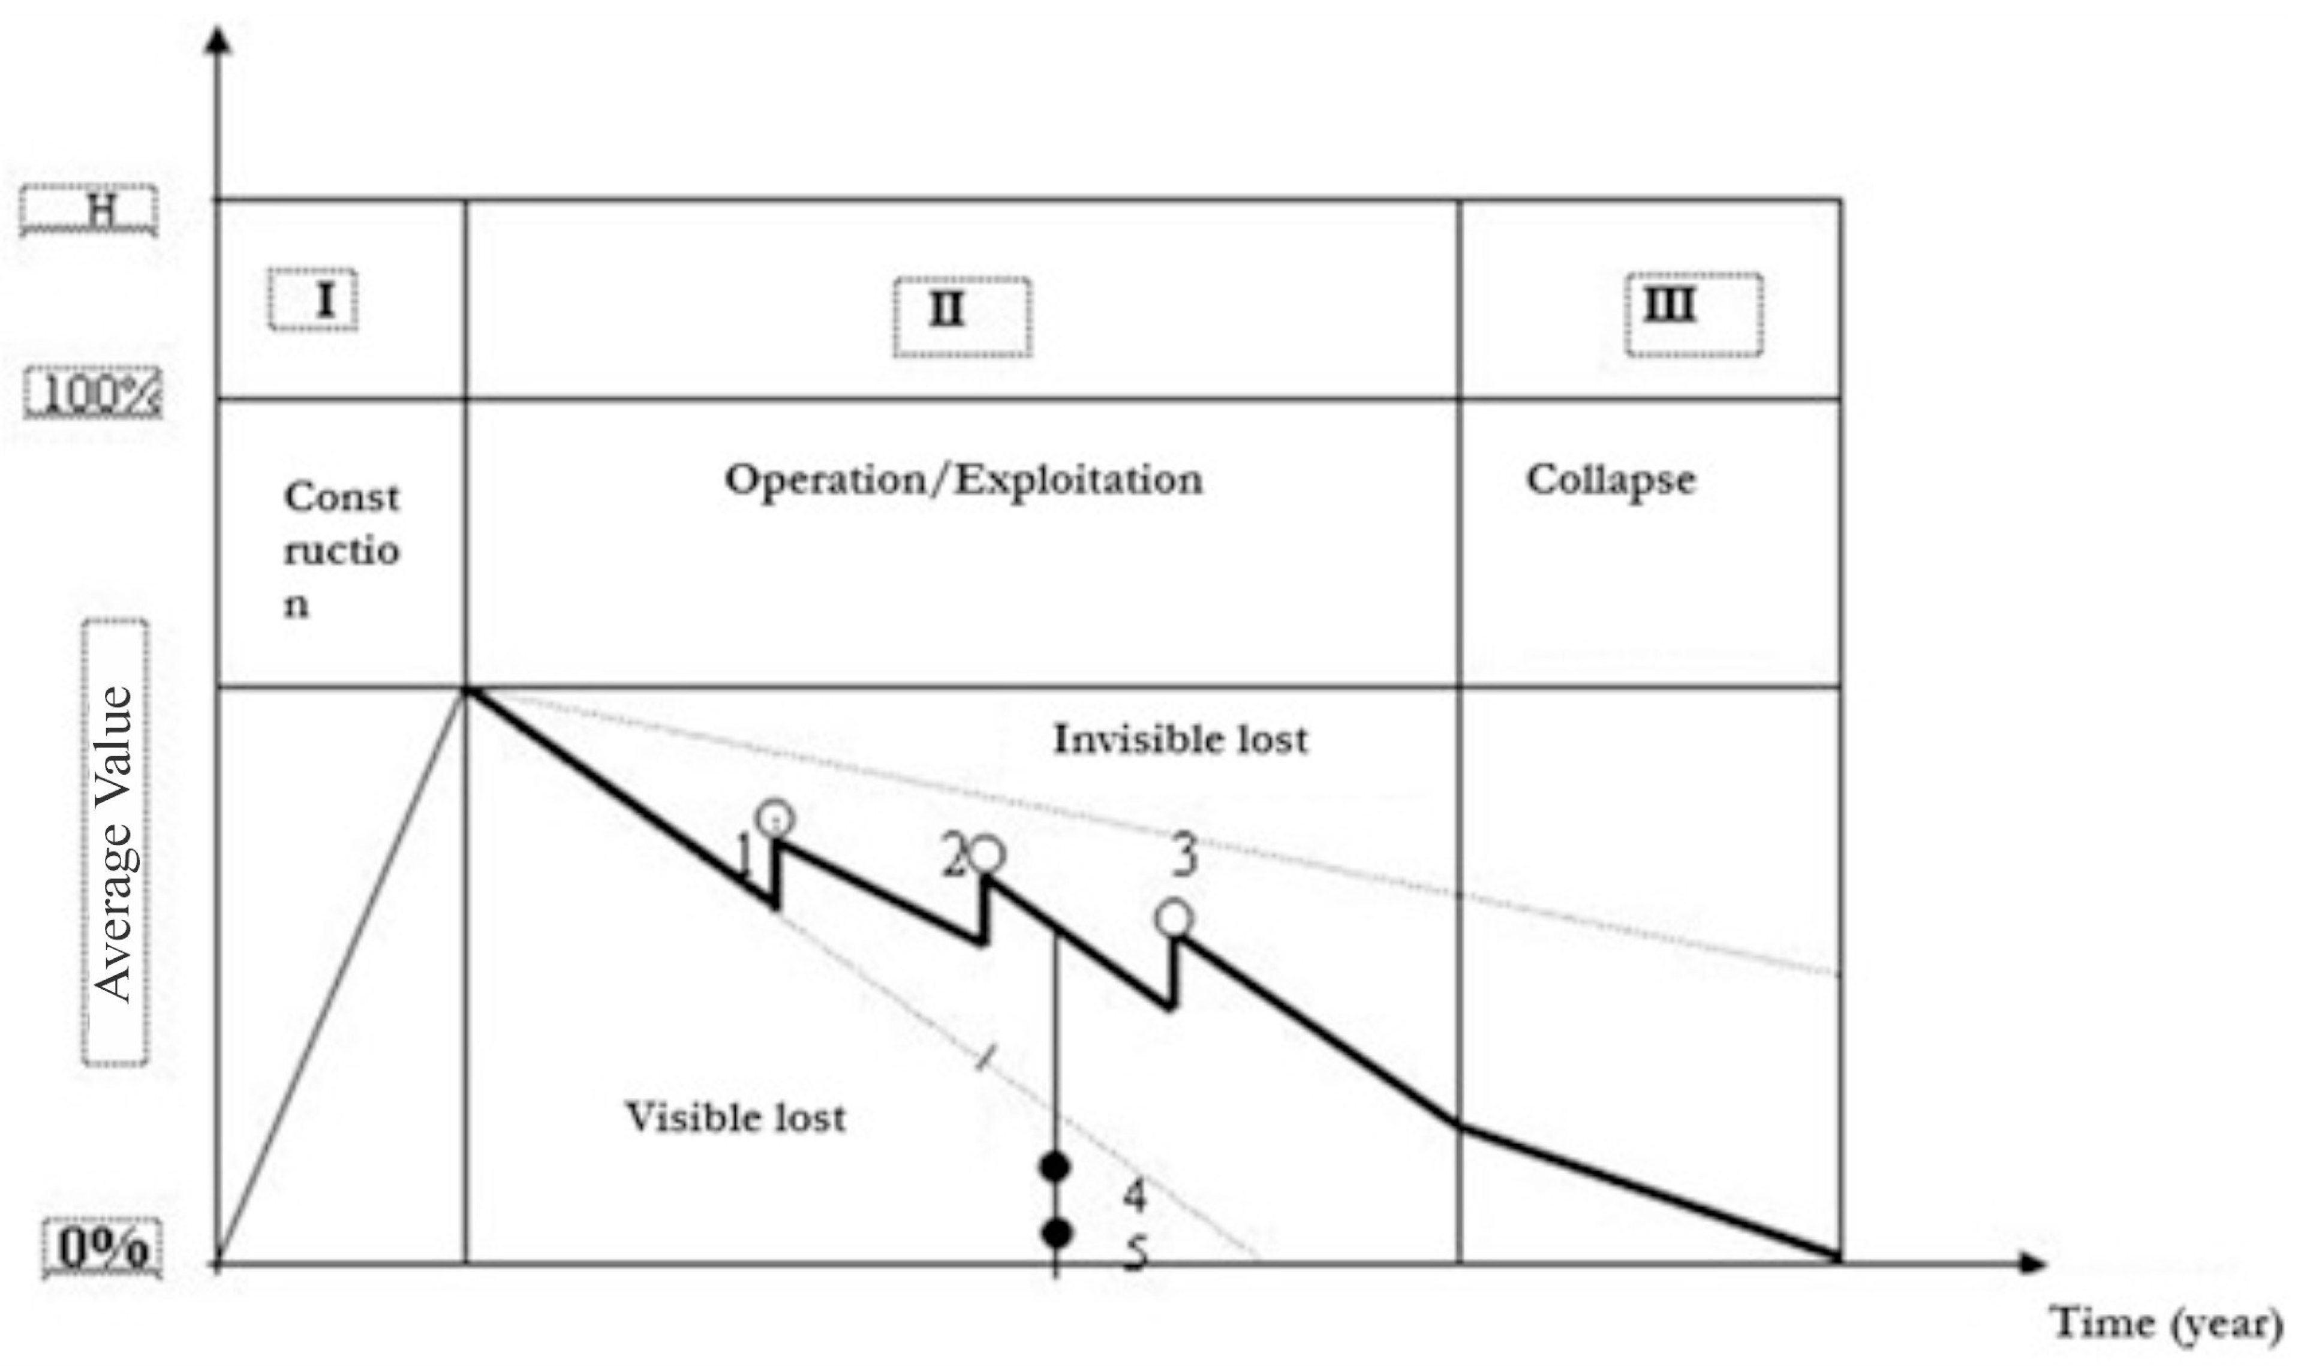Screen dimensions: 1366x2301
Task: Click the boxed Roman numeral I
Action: [314, 300]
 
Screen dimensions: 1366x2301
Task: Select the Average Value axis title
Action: [115, 843]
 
